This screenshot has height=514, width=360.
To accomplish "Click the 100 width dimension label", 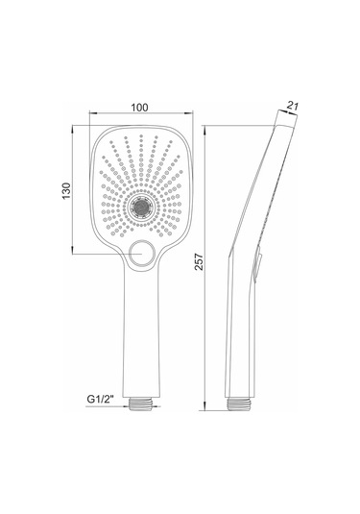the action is [139, 108].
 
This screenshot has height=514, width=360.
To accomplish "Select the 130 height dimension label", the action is [66, 191].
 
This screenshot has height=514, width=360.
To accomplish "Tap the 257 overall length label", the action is [199, 261].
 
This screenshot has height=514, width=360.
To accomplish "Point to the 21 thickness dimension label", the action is [293, 106].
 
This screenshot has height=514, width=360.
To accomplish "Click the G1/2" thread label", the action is [100, 399].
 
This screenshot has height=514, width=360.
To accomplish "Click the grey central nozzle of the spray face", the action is [141, 207].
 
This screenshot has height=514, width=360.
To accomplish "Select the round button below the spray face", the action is [141, 254].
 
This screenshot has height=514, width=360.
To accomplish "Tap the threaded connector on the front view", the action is [141, 404].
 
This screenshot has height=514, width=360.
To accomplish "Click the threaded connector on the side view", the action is [239, 404].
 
